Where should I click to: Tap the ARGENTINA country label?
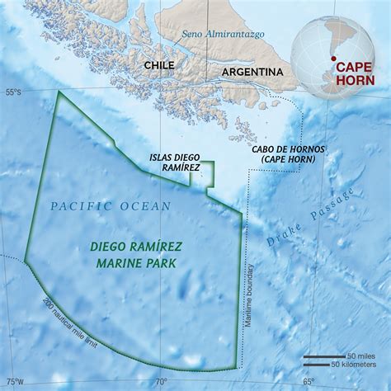pyautogui.click(x=252, y=73)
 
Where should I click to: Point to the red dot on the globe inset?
pyautogui.click(x=333, y=59)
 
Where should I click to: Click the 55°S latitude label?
pyautogui.click(x=11, y=91)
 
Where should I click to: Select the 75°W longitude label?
pyautogui.click(x=12, y=381)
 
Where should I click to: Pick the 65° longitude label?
pyautogui.click(x=308, y=381)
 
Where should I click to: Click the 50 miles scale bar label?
pyautogui.click(x=360, y=355)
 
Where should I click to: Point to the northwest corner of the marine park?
pyautogui.click(x=59, y=92)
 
